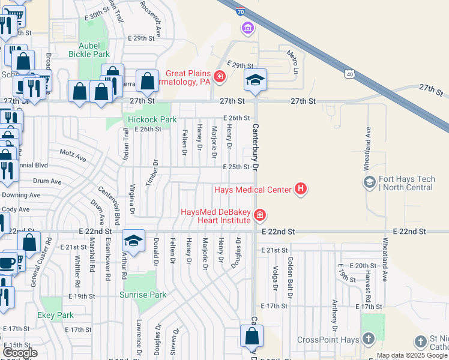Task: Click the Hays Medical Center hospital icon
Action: (301, 190)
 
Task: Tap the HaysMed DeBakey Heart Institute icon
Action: (259, 214)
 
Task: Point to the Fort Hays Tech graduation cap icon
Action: (370, 181)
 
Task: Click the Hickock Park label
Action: (152, 119)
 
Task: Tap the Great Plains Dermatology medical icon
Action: (220, 76)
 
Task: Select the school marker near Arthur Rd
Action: (133, 241)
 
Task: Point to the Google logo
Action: (20, 353)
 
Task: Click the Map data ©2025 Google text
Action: (412, 355)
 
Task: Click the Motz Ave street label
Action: (73, 156)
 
